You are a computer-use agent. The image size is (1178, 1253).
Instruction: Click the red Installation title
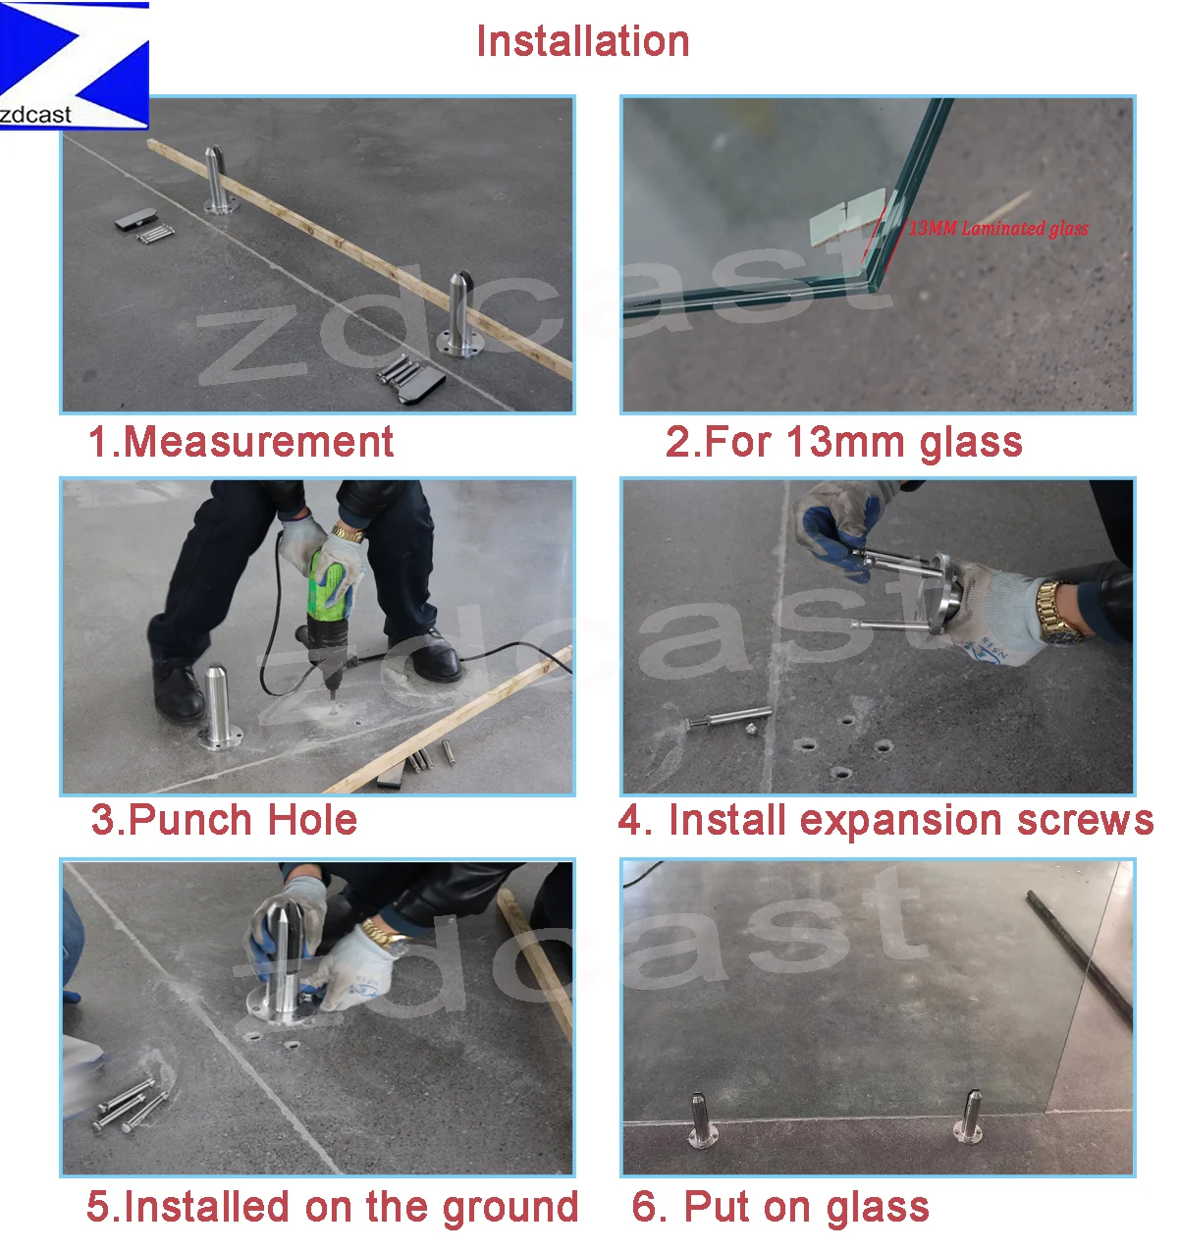point(582,41)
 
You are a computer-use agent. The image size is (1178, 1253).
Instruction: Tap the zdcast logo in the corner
point(74,66)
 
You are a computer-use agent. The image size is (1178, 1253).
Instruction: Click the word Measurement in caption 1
point(258,442)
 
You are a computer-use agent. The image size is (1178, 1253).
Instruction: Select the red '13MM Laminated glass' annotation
point(998,228)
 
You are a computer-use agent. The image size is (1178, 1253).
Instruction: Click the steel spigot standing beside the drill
point(218,707)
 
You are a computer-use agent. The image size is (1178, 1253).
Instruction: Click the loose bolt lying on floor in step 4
point(728,718)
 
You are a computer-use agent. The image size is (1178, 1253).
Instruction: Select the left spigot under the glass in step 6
point(700,1119)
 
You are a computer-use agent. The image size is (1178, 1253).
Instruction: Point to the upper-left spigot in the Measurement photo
point(218,181)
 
